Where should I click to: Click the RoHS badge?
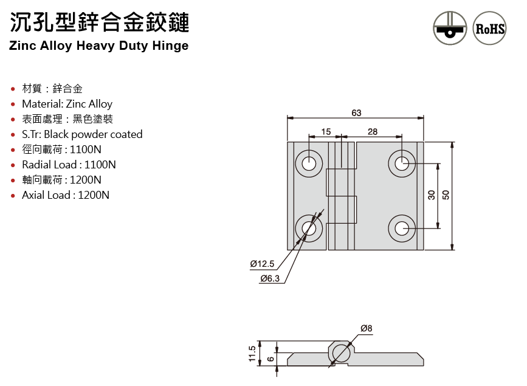(x=489, y=28)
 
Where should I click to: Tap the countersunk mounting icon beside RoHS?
(x=450, y=28)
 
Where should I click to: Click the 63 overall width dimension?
(x=356, y=112)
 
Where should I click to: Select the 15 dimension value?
(x=326, y=131)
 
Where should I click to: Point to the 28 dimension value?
(x=373, y=131)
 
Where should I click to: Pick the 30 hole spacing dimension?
(x=431, y=195)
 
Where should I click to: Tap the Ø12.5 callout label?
(x=263, y=264)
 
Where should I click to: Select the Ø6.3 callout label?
(x=269, y=278)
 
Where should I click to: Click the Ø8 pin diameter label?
(x=366, y=328)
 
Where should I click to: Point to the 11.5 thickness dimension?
(x=252, y=354)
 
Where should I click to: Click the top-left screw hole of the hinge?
(x=309, y=163)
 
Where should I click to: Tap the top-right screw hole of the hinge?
(x=402, y=163)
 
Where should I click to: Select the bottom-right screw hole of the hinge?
(x=402, y=229)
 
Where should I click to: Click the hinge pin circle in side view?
(x=342, y=353)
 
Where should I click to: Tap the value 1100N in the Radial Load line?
(x=100, y=165)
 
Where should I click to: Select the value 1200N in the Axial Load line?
(x=94, y=195)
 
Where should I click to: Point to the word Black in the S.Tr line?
(x=56, y=134)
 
